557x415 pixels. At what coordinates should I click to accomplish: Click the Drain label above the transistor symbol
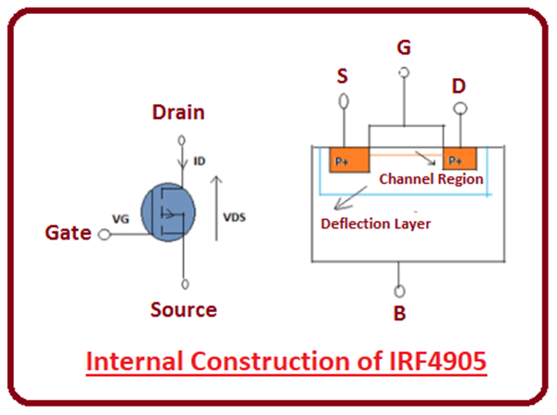click(x=179, y=112)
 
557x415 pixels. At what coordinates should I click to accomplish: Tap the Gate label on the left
click(x=69, y=233)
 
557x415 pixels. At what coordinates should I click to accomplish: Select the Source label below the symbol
click(x=185, y=309)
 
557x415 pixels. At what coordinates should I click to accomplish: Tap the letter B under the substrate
click(x=399, y=313)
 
